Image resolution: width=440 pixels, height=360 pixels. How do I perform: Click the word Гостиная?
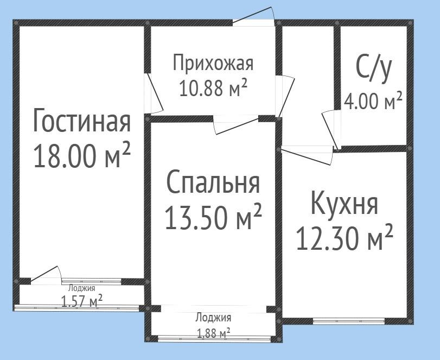click(x=82, y=120)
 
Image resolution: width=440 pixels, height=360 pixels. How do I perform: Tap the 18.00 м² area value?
click(x=82, y=155)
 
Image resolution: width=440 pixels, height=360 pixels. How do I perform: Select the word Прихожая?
click(x=213, y=63)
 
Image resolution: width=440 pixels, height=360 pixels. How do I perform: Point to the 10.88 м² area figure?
click(x=213, y=87)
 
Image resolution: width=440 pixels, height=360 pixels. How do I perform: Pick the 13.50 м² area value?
click(x=213, y=216)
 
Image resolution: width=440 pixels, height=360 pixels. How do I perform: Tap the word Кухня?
click(x=345, y=203)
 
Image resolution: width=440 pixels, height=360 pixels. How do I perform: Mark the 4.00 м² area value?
click(x=373, y=100)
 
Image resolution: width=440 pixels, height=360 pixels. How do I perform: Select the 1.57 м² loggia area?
click(x=82, y=301)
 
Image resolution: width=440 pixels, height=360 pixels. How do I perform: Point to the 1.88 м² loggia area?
click(x=214, y=333)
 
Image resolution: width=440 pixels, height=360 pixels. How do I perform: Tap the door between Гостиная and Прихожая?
click(x=153, y=93)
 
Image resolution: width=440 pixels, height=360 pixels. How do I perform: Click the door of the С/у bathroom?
click(x=331, y=130)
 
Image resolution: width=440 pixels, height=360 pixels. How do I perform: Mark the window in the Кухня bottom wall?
click(x=348, y=321)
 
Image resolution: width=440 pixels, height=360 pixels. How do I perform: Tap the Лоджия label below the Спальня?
click(x=213, y=318)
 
